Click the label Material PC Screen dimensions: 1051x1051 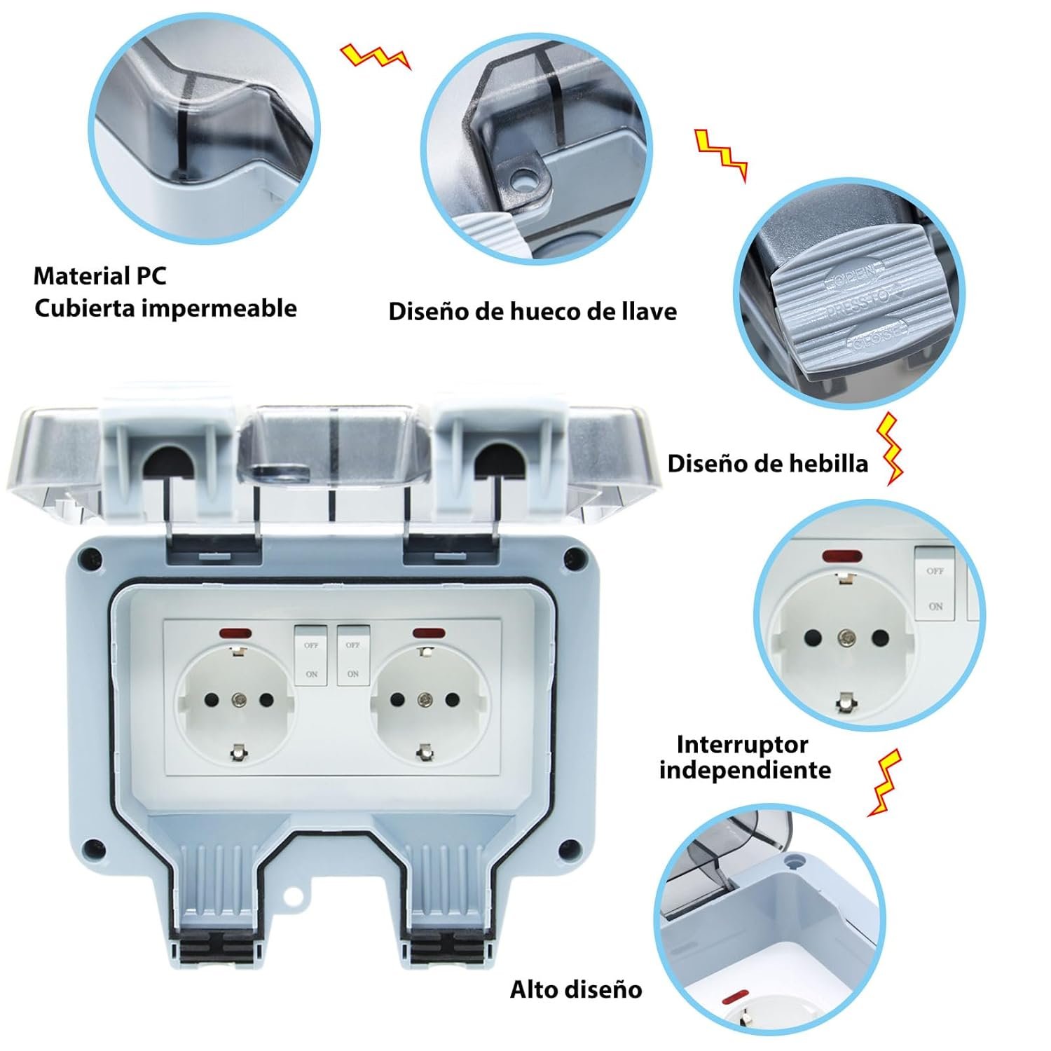100,276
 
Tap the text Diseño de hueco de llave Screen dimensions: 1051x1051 533,311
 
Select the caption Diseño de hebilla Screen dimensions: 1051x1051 767,464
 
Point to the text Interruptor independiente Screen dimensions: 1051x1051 745,757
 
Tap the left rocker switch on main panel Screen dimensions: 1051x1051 312,654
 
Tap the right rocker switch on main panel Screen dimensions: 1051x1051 352,654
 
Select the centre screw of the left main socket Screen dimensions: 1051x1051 238,699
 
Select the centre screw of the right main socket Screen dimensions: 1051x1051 424,699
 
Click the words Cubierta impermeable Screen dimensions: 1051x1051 165,308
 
